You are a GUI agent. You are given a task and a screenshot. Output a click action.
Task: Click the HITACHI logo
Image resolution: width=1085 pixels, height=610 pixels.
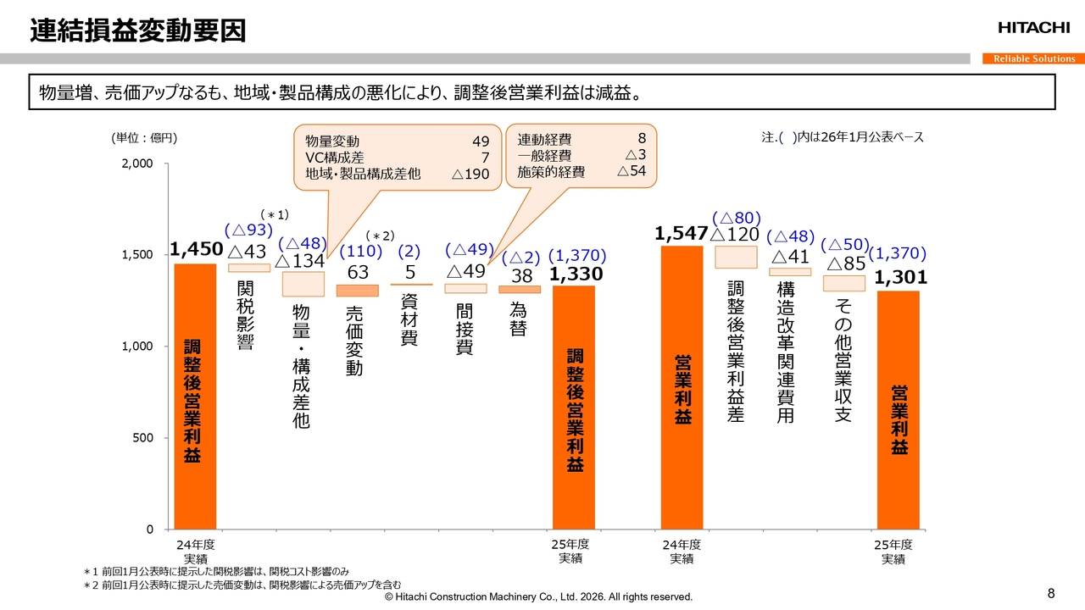pos(1033,28)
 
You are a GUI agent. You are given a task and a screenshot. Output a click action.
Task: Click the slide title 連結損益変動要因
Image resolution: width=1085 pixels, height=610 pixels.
pos(138,30)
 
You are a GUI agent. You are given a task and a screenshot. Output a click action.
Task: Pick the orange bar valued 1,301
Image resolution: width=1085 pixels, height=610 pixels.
pos(899,410)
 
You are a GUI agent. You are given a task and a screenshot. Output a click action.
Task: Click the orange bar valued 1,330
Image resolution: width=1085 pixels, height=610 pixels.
pos(574,408)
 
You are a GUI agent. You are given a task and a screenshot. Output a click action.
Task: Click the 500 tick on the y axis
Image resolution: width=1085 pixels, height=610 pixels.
pos(142,438)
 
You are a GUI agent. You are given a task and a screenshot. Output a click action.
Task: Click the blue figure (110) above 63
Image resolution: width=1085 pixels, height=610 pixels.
pos(360,252)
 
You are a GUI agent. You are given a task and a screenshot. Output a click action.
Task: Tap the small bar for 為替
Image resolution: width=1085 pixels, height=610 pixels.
pos(520,290)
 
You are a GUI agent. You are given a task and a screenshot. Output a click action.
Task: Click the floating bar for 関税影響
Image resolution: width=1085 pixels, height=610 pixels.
pos(249,268)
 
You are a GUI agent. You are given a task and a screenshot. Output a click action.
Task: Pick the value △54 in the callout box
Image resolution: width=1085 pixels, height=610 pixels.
pos(632,171)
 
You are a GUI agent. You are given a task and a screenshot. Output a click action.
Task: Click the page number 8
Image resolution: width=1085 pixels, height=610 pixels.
pos(1052,592)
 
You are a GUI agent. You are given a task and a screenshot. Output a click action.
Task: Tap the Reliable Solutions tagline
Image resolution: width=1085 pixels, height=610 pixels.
pos(1033,58)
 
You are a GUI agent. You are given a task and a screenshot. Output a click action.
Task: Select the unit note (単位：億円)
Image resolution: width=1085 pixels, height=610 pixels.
pos(144,137)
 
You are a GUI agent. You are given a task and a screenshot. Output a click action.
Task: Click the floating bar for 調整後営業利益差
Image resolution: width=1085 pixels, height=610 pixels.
pos(736,257)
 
